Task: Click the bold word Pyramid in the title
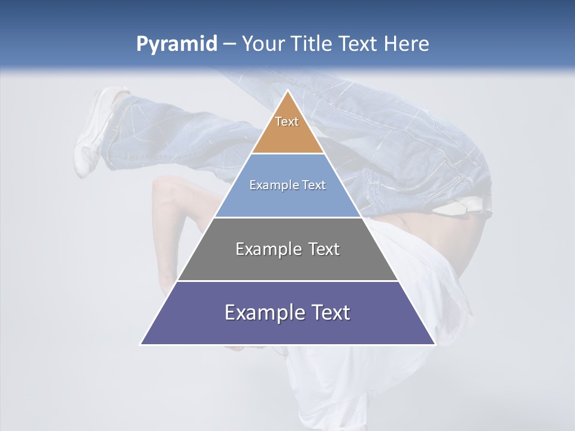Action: click(177, 44)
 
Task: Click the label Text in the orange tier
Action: click(287, 122)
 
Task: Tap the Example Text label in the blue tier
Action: click(287, 185)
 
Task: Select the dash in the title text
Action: click(229, 44)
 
